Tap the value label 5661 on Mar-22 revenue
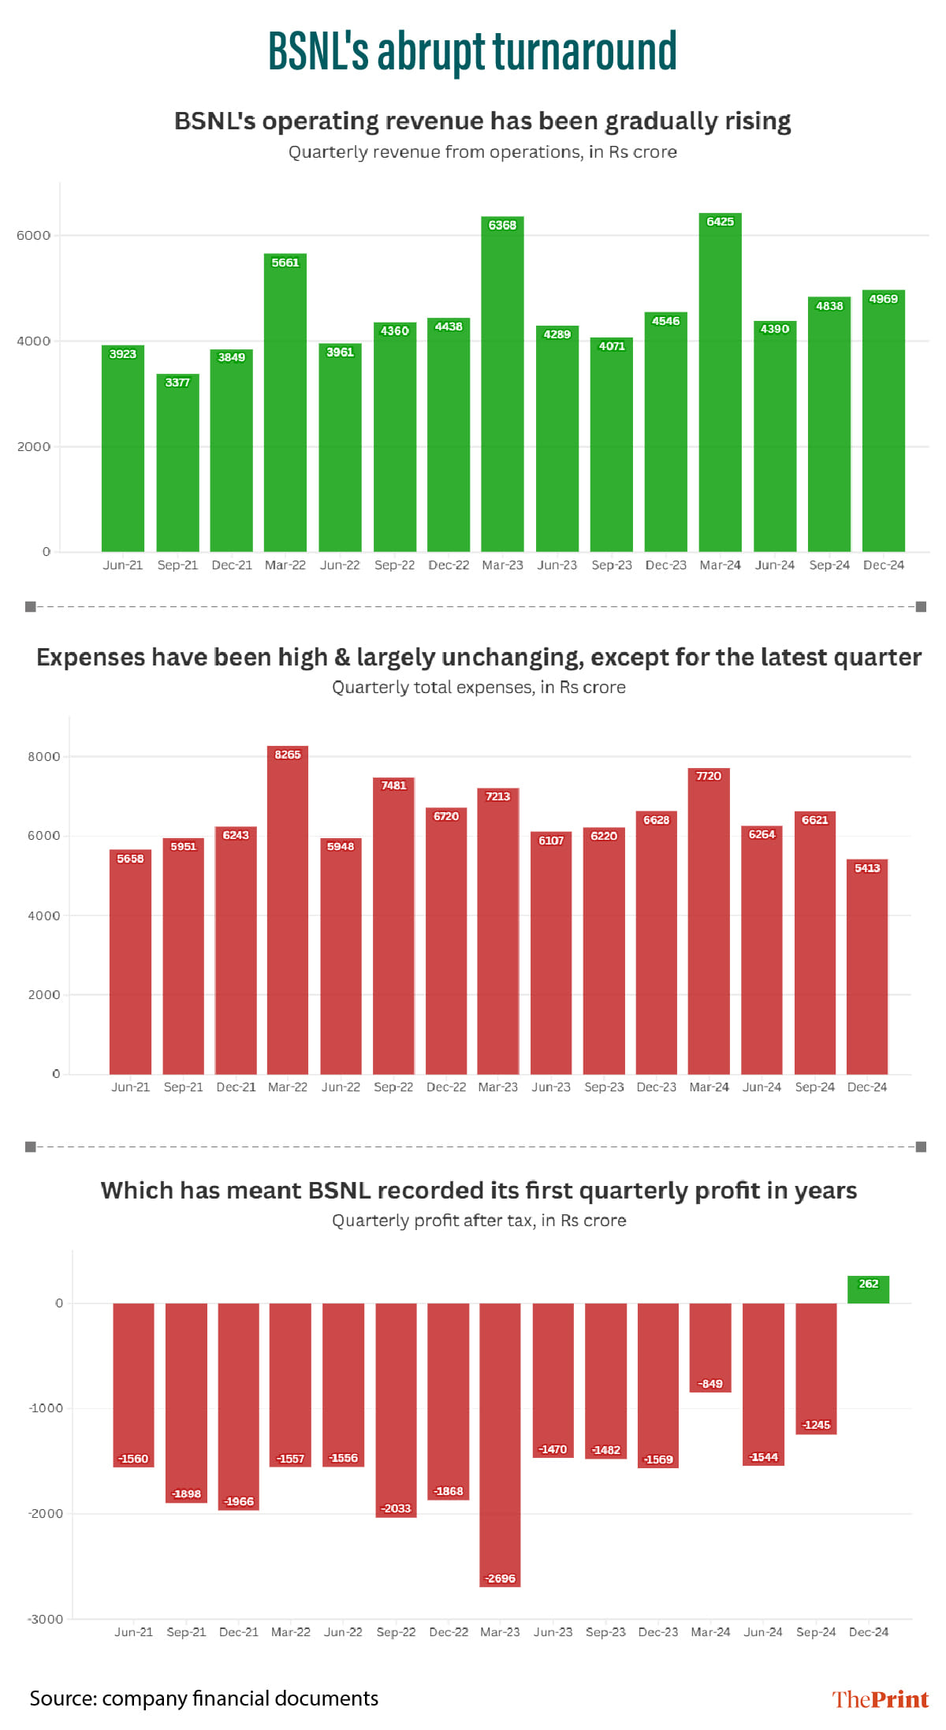coord(285,263)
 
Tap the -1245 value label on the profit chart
coord(816,1425)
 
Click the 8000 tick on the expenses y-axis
coord(44,757)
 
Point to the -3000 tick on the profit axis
coord(46,1619)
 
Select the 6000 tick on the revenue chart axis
coord(34,236)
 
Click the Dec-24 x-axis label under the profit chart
coord(868,1632)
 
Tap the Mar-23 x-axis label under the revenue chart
coord(502,565)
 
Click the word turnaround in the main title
coord(584,52)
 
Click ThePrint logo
coord(880,1699)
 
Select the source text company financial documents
coord(240,1698)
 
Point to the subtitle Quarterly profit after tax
coord(479,1221)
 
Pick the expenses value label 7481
coord(393,785)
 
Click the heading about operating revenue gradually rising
coord(482,121)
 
